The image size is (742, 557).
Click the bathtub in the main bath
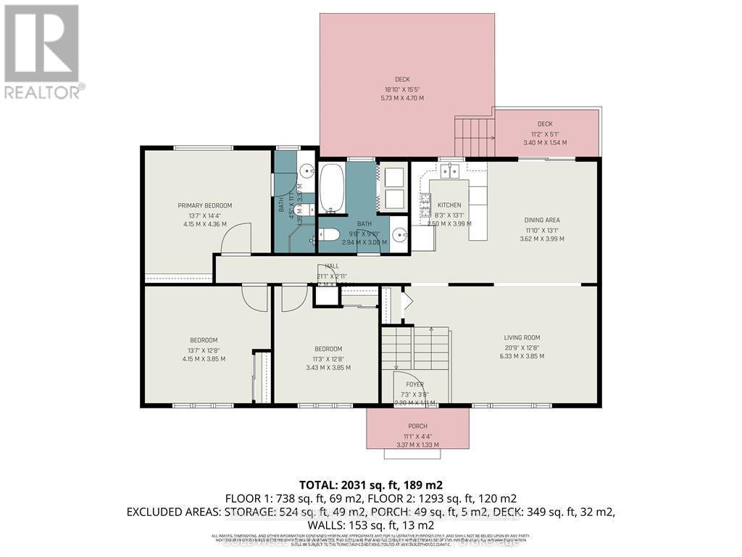point(333,189)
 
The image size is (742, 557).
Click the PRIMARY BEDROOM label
point(205,206)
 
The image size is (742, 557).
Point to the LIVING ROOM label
point(522,337)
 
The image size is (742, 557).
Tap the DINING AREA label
point(542,220)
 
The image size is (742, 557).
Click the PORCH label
point(417,426)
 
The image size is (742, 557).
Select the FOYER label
point(414,384)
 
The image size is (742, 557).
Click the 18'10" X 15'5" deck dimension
point(404,89)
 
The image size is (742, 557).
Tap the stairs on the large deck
point(474,139)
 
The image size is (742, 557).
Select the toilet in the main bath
point(329,235)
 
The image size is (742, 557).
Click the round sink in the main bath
point(401,234)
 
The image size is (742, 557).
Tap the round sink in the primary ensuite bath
point(306,173)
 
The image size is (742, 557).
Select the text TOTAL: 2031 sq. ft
point(350,485)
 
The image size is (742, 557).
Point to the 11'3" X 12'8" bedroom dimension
point(328,358)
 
